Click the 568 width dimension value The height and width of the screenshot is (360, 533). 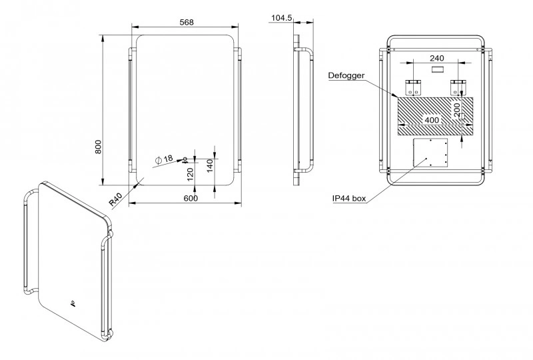187,22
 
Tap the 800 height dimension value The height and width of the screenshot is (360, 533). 98,147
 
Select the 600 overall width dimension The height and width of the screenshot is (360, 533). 191,199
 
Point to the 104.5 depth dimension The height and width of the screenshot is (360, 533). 281,18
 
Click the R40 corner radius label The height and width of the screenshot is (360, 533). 116,200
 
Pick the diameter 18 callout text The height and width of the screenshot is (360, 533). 164,159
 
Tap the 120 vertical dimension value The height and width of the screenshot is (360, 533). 191,174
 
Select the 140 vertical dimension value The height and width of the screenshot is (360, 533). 210,166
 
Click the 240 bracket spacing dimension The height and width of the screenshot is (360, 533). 437,58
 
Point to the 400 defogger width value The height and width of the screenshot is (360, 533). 432,120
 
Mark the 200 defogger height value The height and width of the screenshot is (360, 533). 457,110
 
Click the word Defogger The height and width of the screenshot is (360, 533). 346,75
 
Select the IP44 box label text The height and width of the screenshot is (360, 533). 349,199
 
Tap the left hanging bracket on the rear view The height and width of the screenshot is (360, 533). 413,87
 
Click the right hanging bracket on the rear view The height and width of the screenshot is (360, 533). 458,87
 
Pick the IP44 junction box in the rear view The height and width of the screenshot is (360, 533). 430,152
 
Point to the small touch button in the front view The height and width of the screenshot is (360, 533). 185,159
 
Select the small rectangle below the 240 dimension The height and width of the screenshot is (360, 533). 437,69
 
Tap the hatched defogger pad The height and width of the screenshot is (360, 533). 436,116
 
